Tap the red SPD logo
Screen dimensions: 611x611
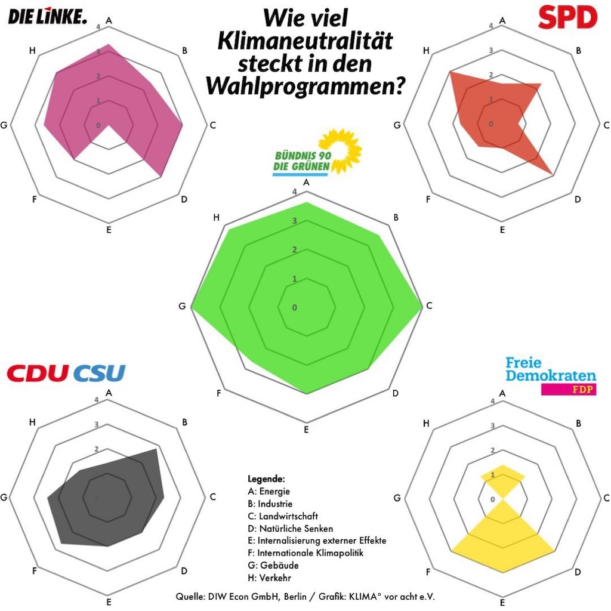[567, 17]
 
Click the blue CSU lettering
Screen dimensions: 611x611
[100, 374]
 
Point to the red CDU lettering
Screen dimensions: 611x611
[38, 374]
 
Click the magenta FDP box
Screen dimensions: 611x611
[568, 390]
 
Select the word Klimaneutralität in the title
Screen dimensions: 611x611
[305, 41]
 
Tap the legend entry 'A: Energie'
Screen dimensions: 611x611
[269, 491]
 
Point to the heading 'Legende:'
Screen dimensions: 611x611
[266, 479]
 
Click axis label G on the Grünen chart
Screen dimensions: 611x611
[181, 307]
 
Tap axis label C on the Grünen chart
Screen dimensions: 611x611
[429, 306]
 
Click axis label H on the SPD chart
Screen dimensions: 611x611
[426, 50]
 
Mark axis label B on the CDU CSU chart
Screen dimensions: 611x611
[184, 422]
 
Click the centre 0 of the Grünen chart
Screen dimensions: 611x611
[294, 307]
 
